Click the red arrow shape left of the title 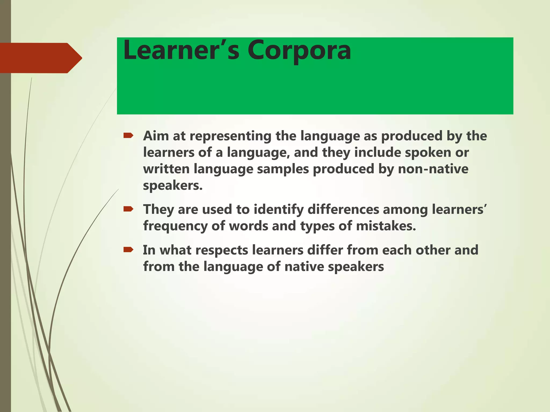point(40,58)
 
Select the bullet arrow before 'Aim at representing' point(128,136)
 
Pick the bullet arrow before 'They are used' point(128,209)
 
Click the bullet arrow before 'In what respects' point(128,250)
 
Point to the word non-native point(433,169)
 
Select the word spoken point(431,152)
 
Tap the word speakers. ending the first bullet point(173,186)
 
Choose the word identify point(278,209)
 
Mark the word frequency point(175,226)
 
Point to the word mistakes point(386,226)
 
